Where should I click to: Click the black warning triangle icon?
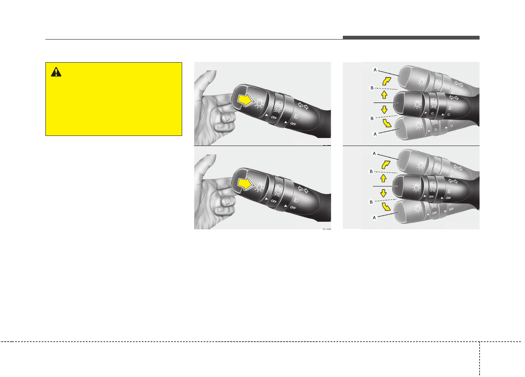(56, 72)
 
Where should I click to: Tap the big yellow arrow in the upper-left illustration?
(246, 100)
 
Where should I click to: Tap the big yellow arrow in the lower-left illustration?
(246, 184)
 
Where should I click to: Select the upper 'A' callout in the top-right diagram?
(375, 70)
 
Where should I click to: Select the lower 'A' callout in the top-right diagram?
(375, 134)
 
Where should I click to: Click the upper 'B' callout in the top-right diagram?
(372, 88)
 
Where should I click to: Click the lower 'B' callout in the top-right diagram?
(372, 118)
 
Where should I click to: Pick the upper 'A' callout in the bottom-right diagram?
(374, 154)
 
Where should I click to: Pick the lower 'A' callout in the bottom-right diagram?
(374, 218)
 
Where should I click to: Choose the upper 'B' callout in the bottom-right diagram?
(371, 171)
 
